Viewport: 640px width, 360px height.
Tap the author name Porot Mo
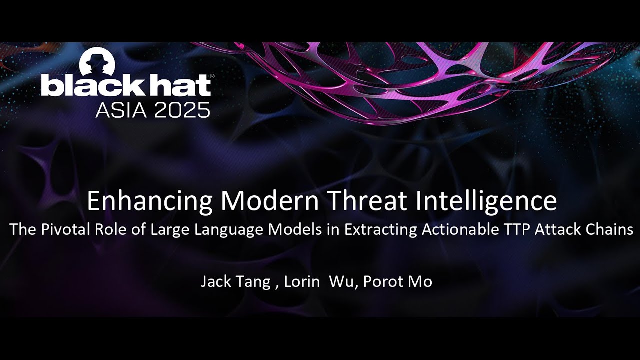tap(397, 282)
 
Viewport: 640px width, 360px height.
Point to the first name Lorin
tap(302, 282)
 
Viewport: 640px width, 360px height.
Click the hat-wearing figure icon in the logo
tap(98, 62)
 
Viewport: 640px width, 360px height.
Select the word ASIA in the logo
tap(121, 109)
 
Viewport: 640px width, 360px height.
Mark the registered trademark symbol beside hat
tap(212, 77)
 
